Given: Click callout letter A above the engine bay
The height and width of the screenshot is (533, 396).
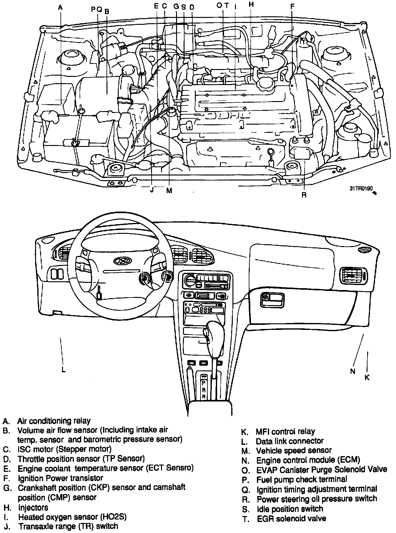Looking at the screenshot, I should (60, 7).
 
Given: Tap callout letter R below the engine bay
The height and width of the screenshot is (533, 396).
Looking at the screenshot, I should (304, 195).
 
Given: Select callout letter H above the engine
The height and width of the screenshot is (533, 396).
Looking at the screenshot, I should (251, 4).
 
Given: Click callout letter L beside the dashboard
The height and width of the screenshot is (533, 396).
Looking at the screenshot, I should (63, 369).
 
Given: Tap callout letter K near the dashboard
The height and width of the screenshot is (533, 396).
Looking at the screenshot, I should (367, 377).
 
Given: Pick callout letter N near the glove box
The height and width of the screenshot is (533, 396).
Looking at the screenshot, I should (353, 371).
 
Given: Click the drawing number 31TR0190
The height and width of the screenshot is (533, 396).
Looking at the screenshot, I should (361, 189).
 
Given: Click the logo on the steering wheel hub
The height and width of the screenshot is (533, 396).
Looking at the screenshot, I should (119, 261).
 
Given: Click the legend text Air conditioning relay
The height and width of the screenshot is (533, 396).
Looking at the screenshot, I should (54, 421).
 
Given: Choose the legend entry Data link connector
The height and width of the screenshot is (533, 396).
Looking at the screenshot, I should (289, 441).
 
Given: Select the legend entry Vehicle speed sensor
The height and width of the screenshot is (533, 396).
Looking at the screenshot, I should (294, 451).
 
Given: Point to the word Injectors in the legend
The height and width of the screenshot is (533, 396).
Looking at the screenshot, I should (33, 507).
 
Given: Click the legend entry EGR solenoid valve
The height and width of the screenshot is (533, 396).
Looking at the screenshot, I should (291, 519).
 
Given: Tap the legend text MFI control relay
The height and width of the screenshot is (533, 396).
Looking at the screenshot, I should (285, 431).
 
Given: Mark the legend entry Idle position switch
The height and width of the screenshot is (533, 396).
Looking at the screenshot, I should (290, 509).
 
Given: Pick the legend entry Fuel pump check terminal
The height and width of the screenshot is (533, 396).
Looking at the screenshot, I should (302, 479).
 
